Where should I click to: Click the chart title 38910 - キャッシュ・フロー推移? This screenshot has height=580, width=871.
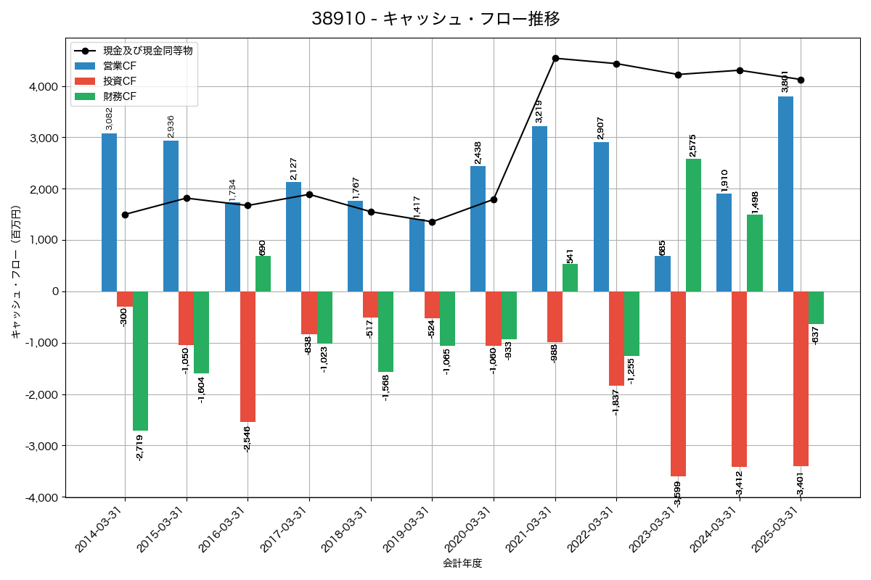[x=435, y=19]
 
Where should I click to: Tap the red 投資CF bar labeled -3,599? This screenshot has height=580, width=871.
[x=678, y=384]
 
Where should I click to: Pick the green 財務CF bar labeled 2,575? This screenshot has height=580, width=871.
[x=693, y=225]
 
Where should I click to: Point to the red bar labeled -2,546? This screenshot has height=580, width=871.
[x=248, y=356]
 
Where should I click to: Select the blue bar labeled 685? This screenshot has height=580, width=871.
[x=662, y=274]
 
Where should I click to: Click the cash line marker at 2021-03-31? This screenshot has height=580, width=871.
[x=555, y=58]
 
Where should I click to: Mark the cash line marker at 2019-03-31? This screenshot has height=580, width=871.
[x=432, y=222]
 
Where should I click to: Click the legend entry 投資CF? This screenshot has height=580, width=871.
[x=120, y=80]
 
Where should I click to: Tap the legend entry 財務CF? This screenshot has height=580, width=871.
[x=120, y=96]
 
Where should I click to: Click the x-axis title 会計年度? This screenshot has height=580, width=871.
[x=462, y=563]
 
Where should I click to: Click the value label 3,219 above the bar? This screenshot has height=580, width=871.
[x=539, y=111]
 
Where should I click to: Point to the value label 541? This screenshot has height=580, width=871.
[x=570, y=256]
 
